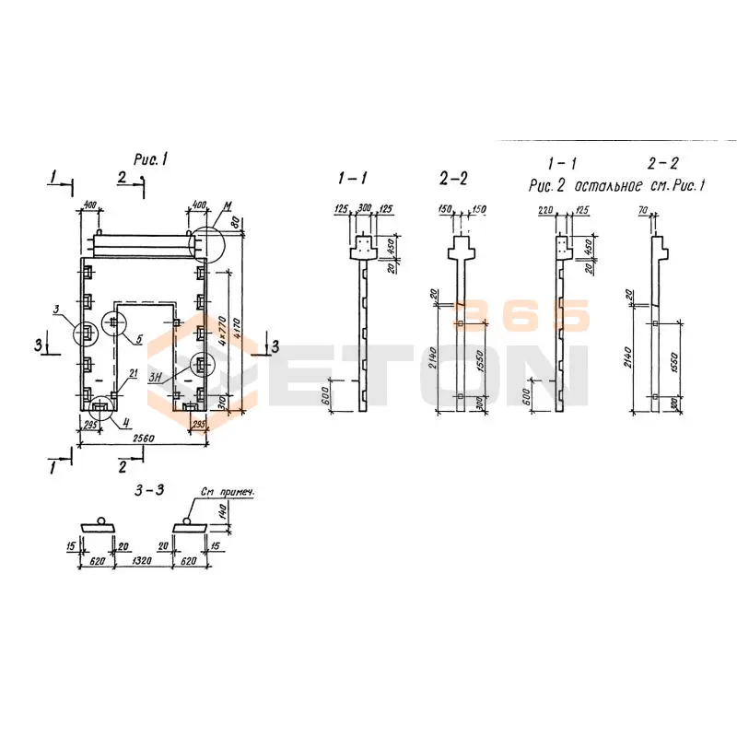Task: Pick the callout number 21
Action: coord(135,372)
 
